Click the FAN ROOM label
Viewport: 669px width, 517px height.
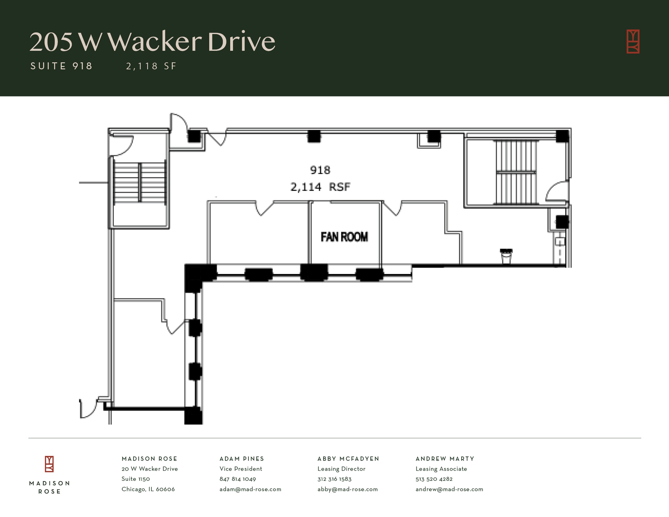[344, 237]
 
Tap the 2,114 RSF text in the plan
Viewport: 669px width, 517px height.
[320, 187]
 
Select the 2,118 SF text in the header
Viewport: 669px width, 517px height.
[151, 66]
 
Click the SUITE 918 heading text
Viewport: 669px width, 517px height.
[61, 66]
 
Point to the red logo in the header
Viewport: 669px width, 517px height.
[633, 41]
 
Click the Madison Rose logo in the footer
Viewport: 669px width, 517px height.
[49, 464]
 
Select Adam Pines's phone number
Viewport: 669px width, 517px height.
[237, 479]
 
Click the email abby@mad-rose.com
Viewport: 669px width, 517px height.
[347, 489]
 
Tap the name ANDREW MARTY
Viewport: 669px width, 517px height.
[445, 459]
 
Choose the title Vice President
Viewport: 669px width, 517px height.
[241, 469]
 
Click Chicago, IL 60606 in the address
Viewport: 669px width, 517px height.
[148, 489]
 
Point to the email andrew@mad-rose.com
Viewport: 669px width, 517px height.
[449, 489]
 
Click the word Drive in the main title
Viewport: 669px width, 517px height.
[241, 42]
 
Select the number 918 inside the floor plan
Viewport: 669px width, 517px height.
[320, 170]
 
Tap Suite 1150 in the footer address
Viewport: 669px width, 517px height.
[136, 479]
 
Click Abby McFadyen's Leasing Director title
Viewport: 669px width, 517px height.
[341, 469]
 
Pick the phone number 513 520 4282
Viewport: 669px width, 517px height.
[434, 479]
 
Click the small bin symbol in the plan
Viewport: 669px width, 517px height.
[506, 256]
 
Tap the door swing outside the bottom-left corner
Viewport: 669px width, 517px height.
[88, 409]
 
